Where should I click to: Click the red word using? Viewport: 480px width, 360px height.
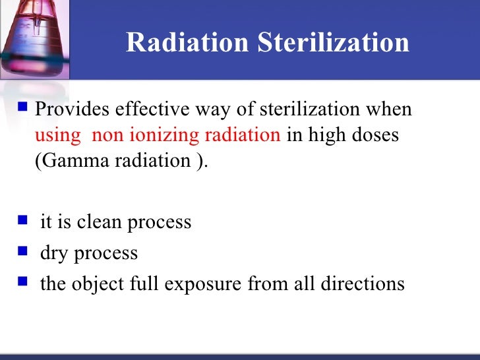pos(56,135)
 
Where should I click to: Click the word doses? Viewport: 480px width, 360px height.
pos(375,135)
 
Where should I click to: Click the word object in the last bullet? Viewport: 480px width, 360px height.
pos(93,284)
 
